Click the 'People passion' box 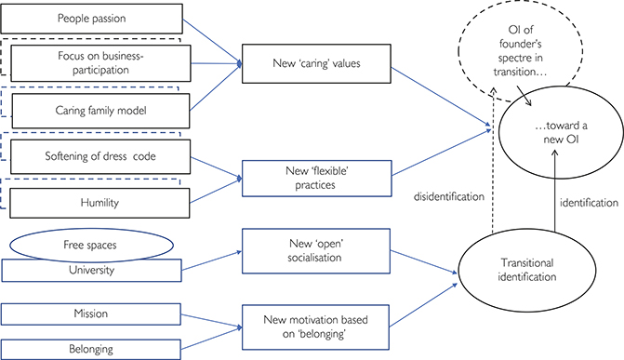point(98,20)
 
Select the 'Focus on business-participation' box point(98,64)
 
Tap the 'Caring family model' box point(98,109)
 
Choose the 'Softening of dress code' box point(98,153)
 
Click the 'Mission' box point(97,313)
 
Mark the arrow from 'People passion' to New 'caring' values point(216,43)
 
